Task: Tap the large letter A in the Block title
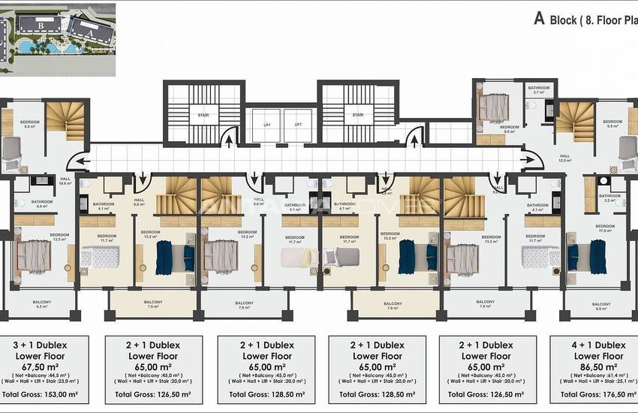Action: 538,19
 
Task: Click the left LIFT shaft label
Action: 267,124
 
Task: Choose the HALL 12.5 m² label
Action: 565,157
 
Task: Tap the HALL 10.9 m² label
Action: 65,180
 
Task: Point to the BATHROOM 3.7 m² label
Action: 538,90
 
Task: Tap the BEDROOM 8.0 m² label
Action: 509,129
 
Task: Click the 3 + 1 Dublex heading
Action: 44,345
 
